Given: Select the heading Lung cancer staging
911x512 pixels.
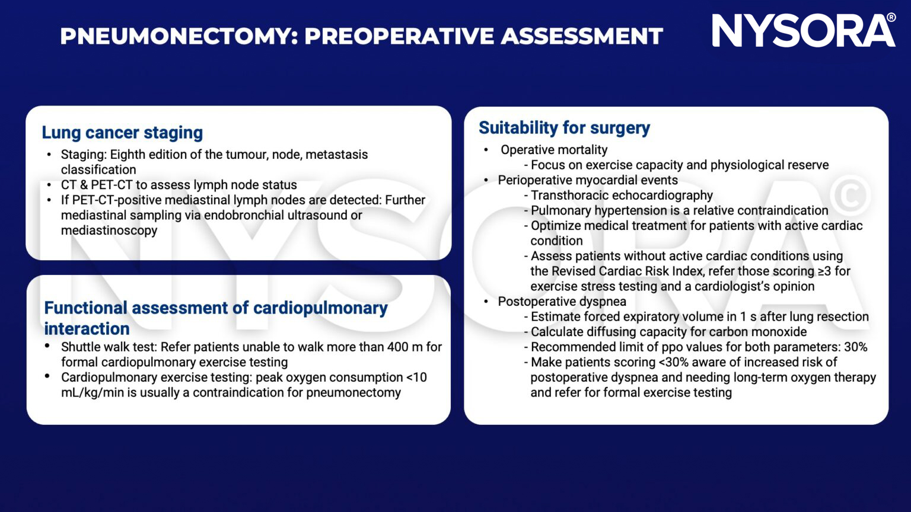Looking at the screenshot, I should pyautogui.click(x=122, y=132).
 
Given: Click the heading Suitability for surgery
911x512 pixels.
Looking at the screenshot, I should pyautogui.click(x=564, y=128).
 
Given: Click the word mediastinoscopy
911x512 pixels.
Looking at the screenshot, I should pyautogui.click(x=109, y=231).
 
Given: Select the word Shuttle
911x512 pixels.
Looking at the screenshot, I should pyautogui.click(x=80, y=347).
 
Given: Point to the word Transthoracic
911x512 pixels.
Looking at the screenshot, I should pyautogui.click(x=568, y=196).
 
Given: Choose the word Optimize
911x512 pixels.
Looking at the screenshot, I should pyautogui.click(x=555, y=226).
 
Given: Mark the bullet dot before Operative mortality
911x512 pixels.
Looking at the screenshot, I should pyautogui.click(x=486, y=150).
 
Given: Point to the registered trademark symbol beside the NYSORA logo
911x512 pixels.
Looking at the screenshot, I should pyautogui.click(x=891, y=18).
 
